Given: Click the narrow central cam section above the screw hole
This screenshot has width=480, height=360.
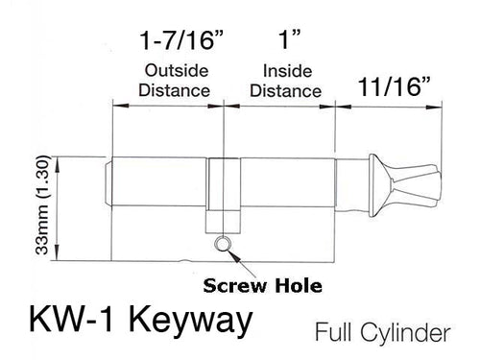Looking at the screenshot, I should (x=223, y=192).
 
